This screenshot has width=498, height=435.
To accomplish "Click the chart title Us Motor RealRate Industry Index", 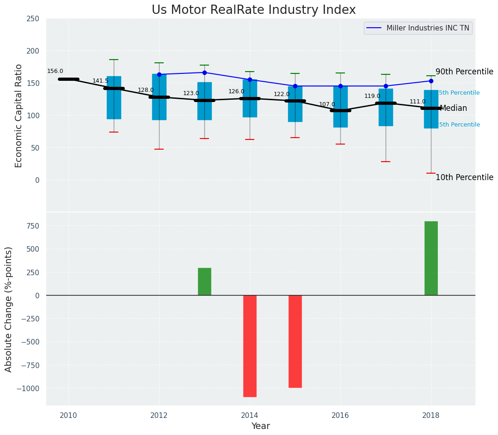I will point(253,10).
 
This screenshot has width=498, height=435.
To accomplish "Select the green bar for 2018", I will point(431,258).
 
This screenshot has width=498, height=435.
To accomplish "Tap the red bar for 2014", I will point(250,346).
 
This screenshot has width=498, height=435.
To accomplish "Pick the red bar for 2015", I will point(295,341).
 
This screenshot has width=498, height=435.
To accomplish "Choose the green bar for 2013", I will point(204,282).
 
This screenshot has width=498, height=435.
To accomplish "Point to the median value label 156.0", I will point(55,71).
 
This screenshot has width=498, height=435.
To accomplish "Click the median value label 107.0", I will point(327,104).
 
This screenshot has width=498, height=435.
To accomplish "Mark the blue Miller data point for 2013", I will point(204,72).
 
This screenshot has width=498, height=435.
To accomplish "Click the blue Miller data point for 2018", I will point(431,81).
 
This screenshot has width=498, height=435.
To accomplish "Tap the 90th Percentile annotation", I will point(464,72).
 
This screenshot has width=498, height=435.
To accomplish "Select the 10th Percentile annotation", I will point(464,177).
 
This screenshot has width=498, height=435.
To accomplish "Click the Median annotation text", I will point(453,108).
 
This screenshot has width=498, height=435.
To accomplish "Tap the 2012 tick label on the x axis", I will point(159,415).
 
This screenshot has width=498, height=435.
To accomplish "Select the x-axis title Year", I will point(260,426).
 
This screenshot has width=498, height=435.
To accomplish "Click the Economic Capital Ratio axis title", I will point(19,115).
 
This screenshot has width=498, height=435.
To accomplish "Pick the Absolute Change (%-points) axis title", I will point(9,309).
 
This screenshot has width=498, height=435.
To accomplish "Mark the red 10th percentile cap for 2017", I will point(386,162).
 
